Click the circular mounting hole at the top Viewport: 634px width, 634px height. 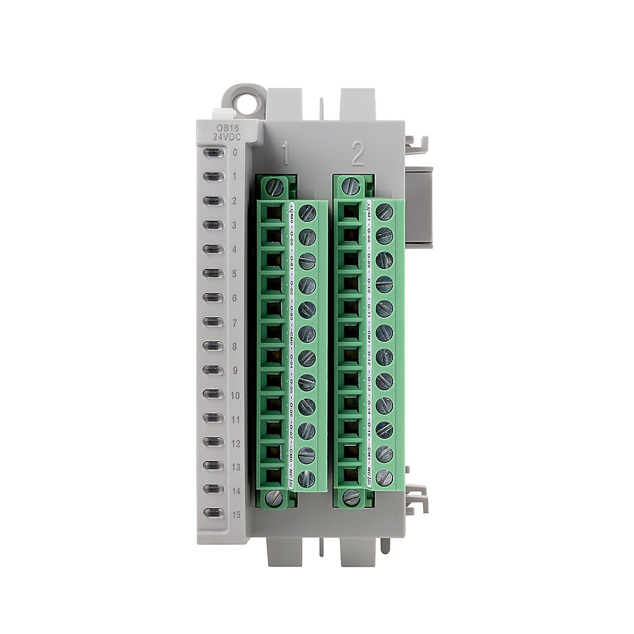coord(242,101)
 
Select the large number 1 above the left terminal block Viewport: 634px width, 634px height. coord(286,154)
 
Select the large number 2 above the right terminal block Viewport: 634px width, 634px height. coord(358,154)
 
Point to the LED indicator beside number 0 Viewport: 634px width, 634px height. coord(213,152)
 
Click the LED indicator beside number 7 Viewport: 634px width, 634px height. coord(213,321)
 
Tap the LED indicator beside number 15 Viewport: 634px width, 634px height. coord(213,514)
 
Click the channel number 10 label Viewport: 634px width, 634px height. coord(235,394)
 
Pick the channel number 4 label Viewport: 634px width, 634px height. coord(234,249)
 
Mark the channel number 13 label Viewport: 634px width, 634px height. coord(235,467)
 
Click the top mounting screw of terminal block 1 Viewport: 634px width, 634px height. coord(275,186)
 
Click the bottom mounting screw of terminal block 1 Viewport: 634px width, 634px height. coord(274,498)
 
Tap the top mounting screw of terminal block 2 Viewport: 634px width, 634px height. coord(351,186)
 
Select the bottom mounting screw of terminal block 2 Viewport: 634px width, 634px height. coord(351,498)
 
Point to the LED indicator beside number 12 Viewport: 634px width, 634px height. coord(213,442)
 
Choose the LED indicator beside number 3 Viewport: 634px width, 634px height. coord(213,225)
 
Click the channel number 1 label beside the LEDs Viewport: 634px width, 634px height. coord(234,176)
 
